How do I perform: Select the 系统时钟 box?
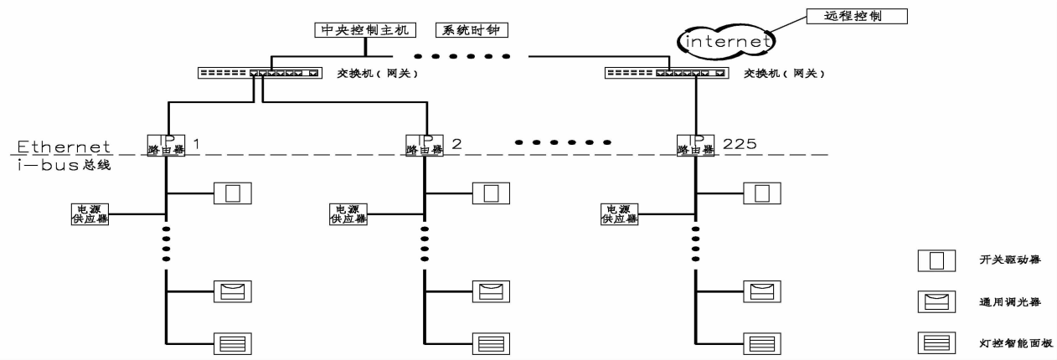point(472,30)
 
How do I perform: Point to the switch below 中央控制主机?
point(259,74)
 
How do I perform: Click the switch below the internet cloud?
point(666,74)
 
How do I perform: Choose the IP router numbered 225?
point(695,144)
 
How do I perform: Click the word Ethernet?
point(64,147)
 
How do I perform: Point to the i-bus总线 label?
point(64,165)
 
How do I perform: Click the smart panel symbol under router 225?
point(761,343)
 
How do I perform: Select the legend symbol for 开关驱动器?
point(937,260)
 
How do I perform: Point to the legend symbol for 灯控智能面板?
point(937,343)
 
